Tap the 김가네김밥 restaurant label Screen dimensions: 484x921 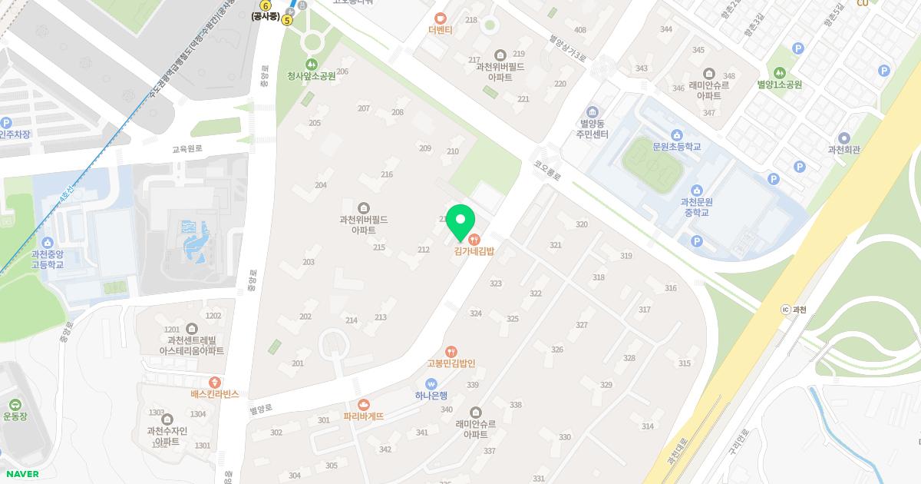pos(474,251)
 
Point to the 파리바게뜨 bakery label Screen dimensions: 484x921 pos(363,416)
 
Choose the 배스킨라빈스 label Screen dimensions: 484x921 pos(215,393)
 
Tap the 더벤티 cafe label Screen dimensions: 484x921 pos(441,30)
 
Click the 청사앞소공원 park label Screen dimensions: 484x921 pos(311,76)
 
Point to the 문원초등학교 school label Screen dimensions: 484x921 pos(676,146)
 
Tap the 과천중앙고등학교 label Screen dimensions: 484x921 pos(48,258)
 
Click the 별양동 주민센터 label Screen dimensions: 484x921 pos(592,128)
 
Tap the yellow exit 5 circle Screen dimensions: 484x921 pos(287,20)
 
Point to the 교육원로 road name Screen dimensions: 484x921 pos(187,148)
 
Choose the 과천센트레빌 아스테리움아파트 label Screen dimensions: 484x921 pos(191,345)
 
